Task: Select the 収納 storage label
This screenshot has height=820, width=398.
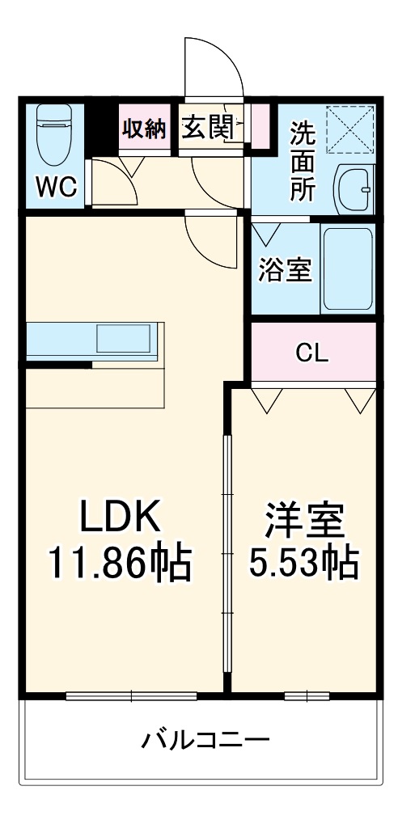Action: pyautogui.click(x=144, y=129)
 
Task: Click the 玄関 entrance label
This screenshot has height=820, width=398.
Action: pyautogui.click(x=207, y=128)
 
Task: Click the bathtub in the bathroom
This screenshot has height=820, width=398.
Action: pyautogui.click(x=347, y=268)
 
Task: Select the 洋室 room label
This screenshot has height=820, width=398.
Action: pyautogui.click(x=304, y=520)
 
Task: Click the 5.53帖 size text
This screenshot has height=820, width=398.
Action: pyautogui.click(x=304, y=564)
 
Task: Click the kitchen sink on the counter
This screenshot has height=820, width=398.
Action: pyautogui.click(x=124, y=338)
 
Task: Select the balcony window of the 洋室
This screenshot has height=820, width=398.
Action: pyautogui.click(x=307, y=694)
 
